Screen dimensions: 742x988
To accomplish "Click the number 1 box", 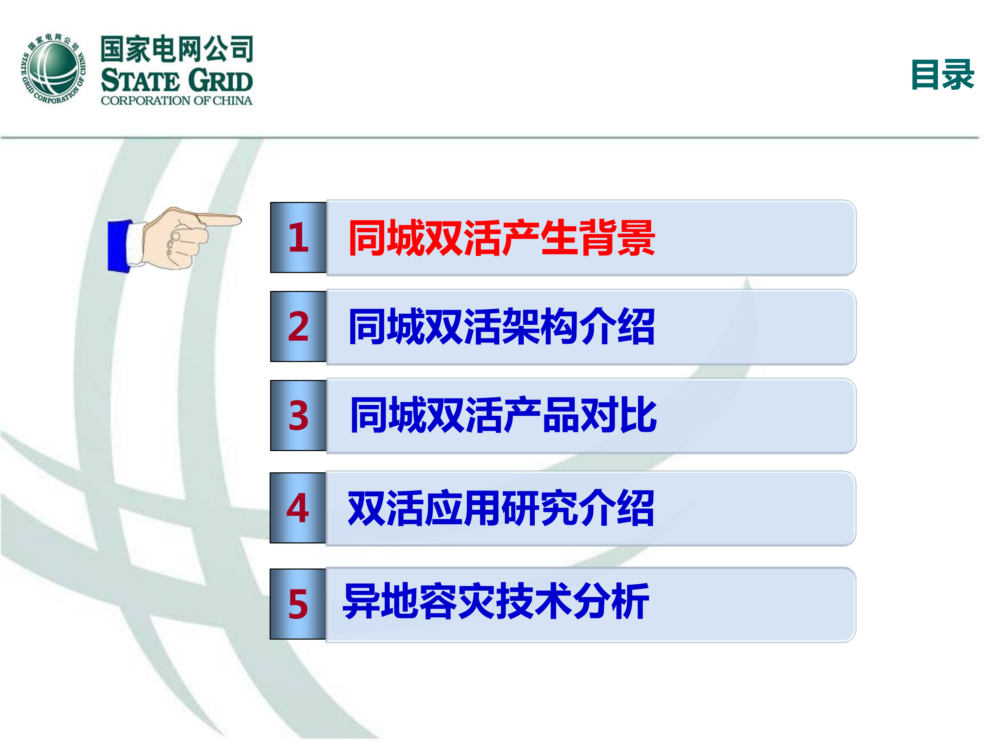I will coord(298,237).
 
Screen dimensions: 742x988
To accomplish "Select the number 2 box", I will coord(298,326).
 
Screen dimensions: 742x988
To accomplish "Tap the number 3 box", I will coord(298,415).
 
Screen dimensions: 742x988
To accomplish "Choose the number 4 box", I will coord(298,508).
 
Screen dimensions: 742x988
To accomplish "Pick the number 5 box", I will coord(298,604).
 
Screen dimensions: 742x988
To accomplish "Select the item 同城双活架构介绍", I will coord(502,327).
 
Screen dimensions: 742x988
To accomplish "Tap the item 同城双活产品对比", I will coord(503,415).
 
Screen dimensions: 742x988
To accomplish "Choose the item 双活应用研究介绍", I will coord(501,508).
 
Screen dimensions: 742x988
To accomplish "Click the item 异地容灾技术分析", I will coord(496,601).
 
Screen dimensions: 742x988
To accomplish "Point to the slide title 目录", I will coord(942,75).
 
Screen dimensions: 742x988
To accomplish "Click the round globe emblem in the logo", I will coord(54,68).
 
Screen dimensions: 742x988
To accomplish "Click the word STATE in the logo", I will coord(140,81).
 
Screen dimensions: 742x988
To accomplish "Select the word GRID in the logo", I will coord(221,81).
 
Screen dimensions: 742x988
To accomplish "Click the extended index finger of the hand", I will coord(219,220).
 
